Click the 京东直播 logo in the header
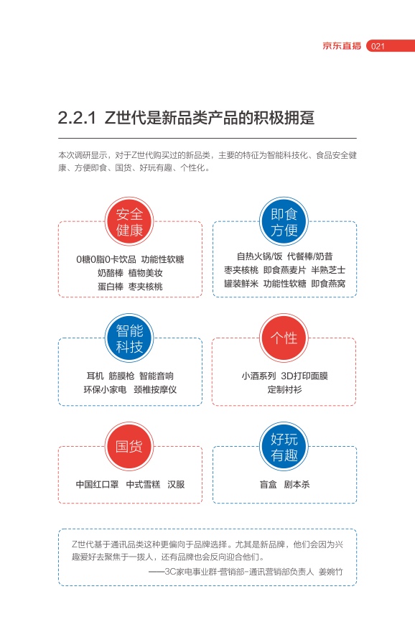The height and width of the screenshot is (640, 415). point(342,46)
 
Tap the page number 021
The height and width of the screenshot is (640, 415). point(378,46)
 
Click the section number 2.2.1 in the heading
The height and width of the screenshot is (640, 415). point(77,118)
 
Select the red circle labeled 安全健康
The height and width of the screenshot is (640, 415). point(129,222)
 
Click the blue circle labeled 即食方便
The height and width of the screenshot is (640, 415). point(284,222)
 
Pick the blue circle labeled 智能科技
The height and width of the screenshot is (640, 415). point(129,338)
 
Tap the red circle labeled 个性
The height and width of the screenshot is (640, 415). point(284,338)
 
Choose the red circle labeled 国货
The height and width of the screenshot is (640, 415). point(129,446)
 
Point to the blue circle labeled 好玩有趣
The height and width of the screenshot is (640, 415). point(284,446)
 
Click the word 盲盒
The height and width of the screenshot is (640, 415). point(268,485)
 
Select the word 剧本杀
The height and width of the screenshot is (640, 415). point(297,485)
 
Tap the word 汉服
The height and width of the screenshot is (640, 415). point(176,485)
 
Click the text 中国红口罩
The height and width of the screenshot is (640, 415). point(97,485)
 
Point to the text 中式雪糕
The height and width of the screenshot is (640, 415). point(143,485)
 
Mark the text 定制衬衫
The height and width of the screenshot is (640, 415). point(284,389)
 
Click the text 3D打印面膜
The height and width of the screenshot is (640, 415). point(304,376)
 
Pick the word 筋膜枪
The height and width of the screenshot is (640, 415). point(121,376)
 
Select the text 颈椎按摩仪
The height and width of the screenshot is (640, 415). point(155,389)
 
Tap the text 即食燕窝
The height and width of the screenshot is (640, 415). point(328,283)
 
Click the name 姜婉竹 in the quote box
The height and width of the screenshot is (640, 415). point(330,572)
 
